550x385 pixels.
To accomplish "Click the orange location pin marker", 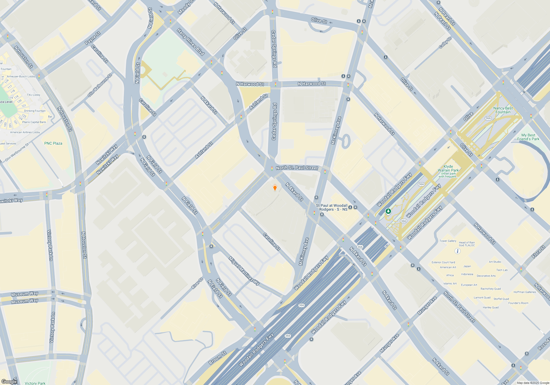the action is [275, 188].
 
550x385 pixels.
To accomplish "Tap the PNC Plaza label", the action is [53, 143].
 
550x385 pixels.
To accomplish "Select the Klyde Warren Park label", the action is [448, 168].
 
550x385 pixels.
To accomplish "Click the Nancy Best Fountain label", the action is [503, 110].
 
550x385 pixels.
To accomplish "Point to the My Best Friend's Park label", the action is [528, 137].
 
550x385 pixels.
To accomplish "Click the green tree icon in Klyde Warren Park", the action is [388, 211].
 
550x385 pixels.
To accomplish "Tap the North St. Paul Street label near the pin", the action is [297, 168].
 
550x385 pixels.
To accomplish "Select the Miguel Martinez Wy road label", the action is [244, 271].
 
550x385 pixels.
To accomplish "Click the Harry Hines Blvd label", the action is [191, 42].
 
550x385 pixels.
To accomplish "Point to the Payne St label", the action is [93, 38].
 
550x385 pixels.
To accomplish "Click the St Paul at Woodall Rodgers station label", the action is [332, 207].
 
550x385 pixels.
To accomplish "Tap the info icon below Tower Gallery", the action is [457, 251].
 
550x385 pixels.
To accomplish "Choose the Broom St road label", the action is [217, 358].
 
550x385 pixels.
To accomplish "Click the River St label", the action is [197, 283].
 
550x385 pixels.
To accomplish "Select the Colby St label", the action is [445, 43].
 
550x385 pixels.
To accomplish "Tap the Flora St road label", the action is [538, 252].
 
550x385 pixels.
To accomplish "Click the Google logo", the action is [9, 381].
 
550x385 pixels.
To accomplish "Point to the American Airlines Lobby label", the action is [25, 132].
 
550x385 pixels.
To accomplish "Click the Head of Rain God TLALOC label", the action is [467, 244].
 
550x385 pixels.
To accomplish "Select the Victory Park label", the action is [35, 383].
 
